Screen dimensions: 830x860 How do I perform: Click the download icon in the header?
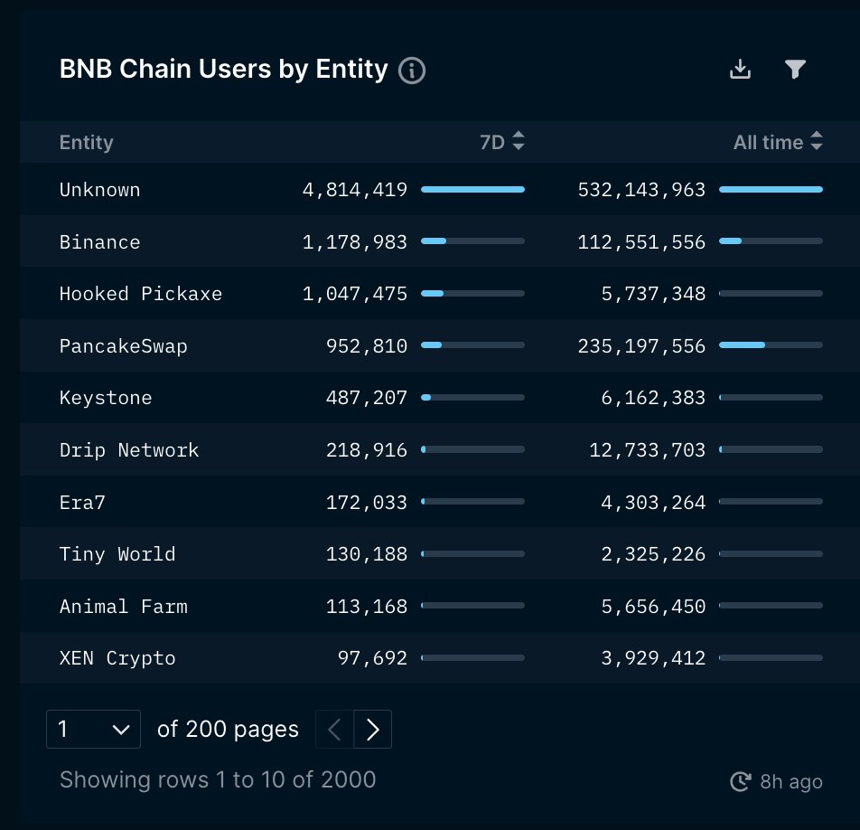(x=740, y=70)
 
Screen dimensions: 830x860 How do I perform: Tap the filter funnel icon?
(x=795, y=70)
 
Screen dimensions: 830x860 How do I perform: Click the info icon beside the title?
(x=412, y=71)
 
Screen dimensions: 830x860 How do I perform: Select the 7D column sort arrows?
(x=519, y=142)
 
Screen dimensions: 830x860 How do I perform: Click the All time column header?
(x=768, y=142)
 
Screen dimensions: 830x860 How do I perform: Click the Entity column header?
(x=87, y=142)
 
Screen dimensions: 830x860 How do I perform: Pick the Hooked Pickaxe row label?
(x=141, y=294)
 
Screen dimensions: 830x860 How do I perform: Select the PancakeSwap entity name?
(x=124, y=346)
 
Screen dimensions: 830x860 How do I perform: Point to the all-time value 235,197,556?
(x=641, y=346)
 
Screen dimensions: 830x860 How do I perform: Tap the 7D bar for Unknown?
(x=472, y=189)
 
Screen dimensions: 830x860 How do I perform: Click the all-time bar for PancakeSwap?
(x=771, y=344)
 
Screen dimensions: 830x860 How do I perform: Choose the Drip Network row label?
(x=129, y=450)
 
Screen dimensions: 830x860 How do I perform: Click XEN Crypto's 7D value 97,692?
(x=372, y=658)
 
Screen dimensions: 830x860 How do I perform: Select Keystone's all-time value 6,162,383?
(x=653, y=398)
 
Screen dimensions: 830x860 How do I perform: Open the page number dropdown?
(x=93, y=730)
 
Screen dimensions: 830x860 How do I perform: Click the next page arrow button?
(x=372, y=730)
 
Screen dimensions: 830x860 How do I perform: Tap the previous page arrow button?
(x=334, y=730)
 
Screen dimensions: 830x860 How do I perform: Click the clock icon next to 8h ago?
(x=741, y=781)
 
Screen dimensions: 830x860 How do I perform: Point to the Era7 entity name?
(x=82, y=502)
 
